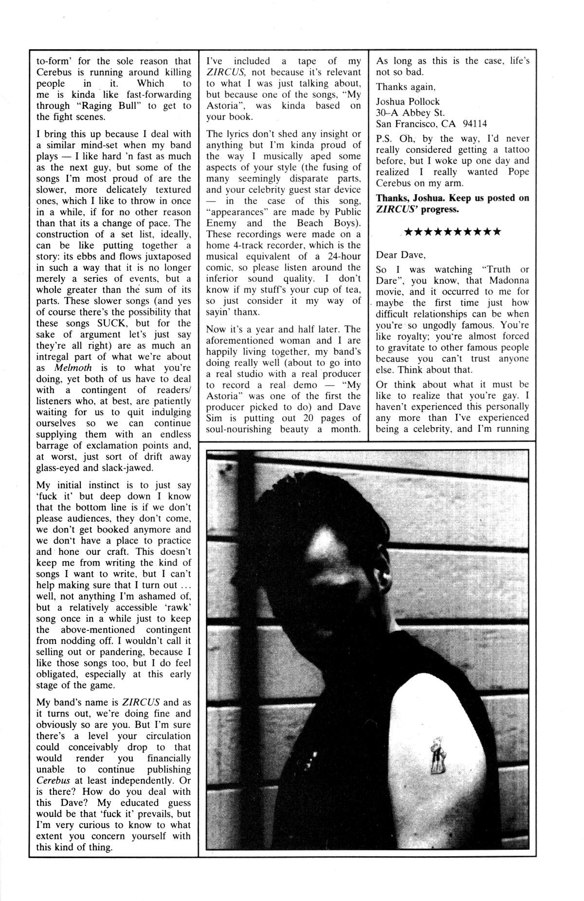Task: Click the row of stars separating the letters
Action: pos(453,232)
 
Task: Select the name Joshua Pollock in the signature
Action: pos(408,101)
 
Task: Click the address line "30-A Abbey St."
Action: pos(410,112)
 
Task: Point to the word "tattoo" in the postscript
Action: pos(514,150)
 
